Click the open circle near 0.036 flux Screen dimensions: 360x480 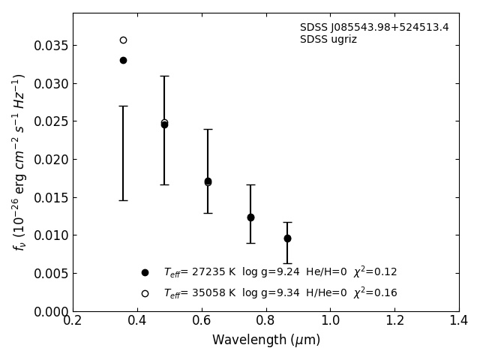point(123,40)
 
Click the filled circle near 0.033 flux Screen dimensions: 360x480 point(123,60)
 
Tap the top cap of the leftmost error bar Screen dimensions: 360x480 point(123,106)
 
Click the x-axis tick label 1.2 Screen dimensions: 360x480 point(394,321)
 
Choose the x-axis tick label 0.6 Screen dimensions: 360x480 point(202,321)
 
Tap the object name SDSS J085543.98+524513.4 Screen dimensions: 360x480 point(374,28)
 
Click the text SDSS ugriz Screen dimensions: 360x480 point(328,40)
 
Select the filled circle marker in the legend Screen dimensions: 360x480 point(145,272)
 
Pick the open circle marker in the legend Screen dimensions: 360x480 point(145,293)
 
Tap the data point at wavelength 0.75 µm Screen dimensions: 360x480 point(250,217)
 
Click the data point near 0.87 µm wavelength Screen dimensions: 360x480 point(287,238)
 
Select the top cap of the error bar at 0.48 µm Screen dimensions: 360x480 point(164,76)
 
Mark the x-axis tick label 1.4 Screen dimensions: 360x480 point(459,321)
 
